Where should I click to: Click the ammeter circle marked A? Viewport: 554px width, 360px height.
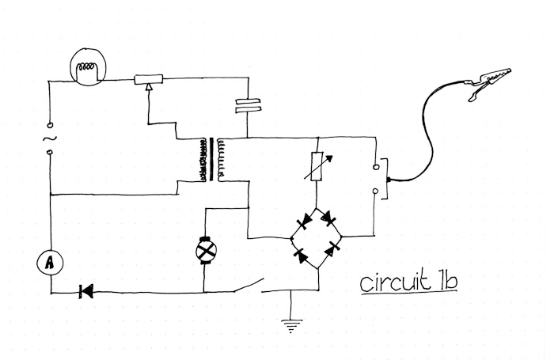(48, 263)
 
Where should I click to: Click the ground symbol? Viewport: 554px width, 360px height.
(292, 322)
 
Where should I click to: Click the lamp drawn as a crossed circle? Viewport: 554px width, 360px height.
(206, 250)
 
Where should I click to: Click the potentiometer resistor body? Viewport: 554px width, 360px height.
(149, 78)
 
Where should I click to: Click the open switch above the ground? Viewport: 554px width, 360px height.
(251, 284)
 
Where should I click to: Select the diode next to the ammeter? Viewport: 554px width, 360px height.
(85, 292)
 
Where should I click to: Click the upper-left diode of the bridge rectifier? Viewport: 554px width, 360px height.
(302, 222)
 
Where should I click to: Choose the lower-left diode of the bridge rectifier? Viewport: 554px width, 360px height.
(302, 255)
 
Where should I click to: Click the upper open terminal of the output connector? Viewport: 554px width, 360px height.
(374, 168)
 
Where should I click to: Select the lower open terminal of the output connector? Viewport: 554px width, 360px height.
(374, 190)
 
